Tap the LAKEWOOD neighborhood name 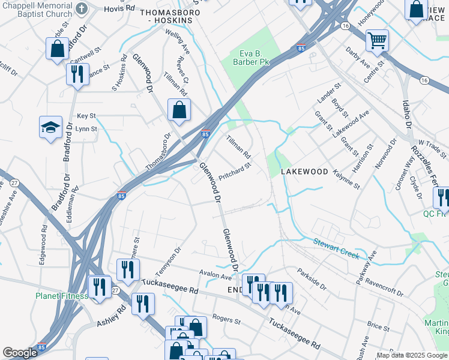305,172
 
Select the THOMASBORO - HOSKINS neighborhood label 166,16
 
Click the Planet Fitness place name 61,295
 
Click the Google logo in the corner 20,353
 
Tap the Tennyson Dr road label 169,258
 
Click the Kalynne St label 347,179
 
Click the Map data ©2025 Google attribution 412,355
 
